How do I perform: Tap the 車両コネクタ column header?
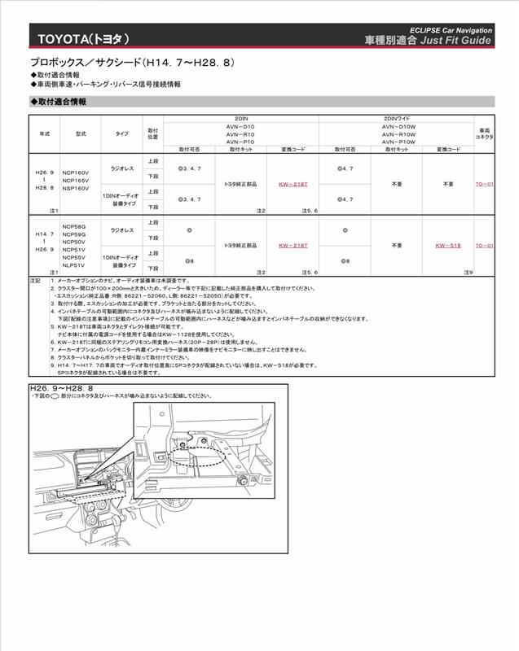point(484,133)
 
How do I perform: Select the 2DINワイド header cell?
point(398,119)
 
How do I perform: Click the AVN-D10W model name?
point(398,126)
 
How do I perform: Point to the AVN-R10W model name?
point(398,134)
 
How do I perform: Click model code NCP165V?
point(75,181)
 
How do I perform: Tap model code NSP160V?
point(75,188)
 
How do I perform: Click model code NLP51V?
point(73,264)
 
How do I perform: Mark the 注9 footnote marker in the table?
point(468,272)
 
